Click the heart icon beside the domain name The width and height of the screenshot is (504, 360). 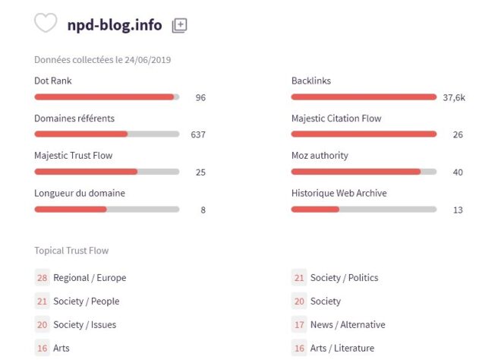tap(46, 24)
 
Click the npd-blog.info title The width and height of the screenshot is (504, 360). tap(115, 25)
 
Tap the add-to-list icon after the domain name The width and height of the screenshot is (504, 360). tap(179, 25)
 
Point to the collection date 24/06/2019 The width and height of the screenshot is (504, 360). tap(146, 60)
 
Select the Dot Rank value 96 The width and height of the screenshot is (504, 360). tap(200, 97)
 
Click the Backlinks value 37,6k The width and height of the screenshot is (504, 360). tap(454, 97)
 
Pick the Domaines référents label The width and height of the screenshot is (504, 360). tap(74, 118)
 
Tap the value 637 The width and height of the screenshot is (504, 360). tap(198, 134)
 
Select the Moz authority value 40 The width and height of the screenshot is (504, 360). tap(458, 172)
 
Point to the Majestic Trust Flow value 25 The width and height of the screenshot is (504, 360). tap(200, 172)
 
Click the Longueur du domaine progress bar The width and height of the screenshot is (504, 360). tap(106, 209)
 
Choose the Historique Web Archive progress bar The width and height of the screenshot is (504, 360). tap(364, 209)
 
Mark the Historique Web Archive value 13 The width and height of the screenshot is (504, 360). tap(458, 210)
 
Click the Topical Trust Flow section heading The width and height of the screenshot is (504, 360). tap(71, 251)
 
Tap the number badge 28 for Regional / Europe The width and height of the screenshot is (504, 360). tap(41, 278)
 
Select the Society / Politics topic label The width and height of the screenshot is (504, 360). tap(344, 278)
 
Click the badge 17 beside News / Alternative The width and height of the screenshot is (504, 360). tap(299, 325)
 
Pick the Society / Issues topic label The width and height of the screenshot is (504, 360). tap(85, 325)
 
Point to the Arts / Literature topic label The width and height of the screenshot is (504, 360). tap(343, 349)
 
